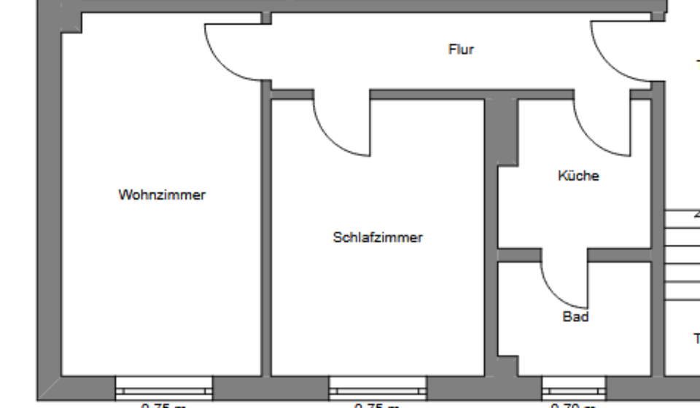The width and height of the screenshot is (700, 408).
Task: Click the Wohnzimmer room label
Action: (162, 195)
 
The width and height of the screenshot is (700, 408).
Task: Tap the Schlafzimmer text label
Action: (378, 238)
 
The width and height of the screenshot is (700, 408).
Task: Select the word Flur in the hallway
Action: (461, 50)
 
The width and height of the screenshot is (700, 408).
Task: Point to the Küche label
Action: (578, 176)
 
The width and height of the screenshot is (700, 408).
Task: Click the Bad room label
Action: (575, 317)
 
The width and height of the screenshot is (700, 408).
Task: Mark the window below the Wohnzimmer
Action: (164, 385)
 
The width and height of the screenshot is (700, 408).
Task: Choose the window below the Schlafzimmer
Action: (378, 385)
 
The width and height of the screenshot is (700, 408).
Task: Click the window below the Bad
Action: (574, 385)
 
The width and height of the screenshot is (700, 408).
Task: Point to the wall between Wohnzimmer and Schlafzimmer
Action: (266, 233)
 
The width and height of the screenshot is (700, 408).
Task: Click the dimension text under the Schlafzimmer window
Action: (378, 404)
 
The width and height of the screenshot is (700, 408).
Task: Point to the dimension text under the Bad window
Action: (574, 404)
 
